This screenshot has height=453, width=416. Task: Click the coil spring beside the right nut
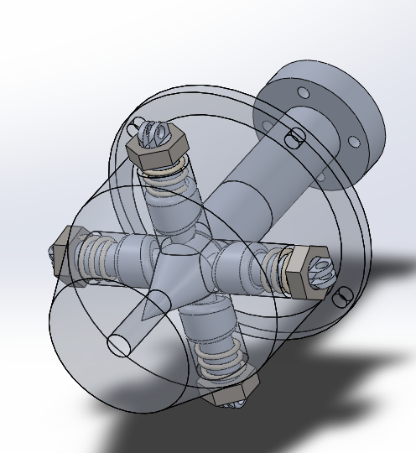(x=270, y=265)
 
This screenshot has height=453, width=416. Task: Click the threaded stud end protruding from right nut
(x=323, y=273)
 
